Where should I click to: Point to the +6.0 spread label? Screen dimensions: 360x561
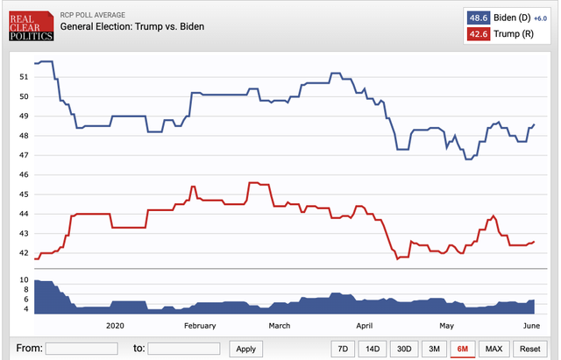point(540,17)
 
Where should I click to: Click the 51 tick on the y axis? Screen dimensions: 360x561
point(24,77)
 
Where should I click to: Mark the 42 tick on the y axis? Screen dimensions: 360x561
point(24,252)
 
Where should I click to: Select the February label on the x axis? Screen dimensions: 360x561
point(200,325)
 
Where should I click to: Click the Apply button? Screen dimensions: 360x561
point(246,348)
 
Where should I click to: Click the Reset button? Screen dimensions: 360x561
point(531,348)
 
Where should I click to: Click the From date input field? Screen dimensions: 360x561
point(82,348)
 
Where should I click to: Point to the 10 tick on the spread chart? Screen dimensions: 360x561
point(24,279)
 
